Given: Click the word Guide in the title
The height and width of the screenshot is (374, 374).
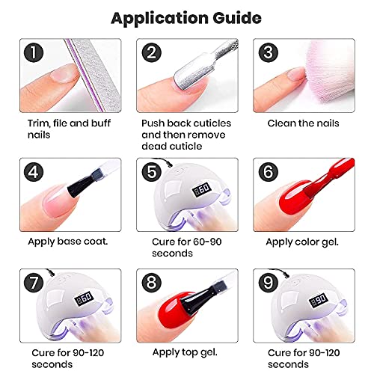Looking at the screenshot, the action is pyautogui.click(x=237, y=19).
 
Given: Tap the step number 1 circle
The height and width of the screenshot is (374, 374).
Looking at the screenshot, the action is pyautogui.click(x=34, y=52).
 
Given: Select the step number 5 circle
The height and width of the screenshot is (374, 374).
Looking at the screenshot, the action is pyautogui.click(x=152, y=172).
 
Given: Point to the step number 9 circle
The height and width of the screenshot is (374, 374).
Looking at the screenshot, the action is pyautogui.click(x=269, y=283).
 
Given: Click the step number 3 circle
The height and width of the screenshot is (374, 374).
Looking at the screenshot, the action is pyautogui.click(x=269, y=52).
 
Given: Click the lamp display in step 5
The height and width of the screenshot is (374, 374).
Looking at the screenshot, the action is pyautogui.click(x=202, y=190).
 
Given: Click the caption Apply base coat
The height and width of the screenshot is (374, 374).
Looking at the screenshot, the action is pyautogui.click(x=68, y=242).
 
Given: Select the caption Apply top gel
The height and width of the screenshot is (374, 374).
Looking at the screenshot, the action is pyautogui.click(x=185, y=352).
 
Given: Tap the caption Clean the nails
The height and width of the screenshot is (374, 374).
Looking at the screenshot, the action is pyautogui.click(x=303, y=123).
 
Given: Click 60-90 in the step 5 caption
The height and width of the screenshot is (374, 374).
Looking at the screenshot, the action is pyautogui.click(x=204, y=242).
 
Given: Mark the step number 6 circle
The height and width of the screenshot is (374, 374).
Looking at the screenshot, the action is pyautogui.click(x=269, y=172).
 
